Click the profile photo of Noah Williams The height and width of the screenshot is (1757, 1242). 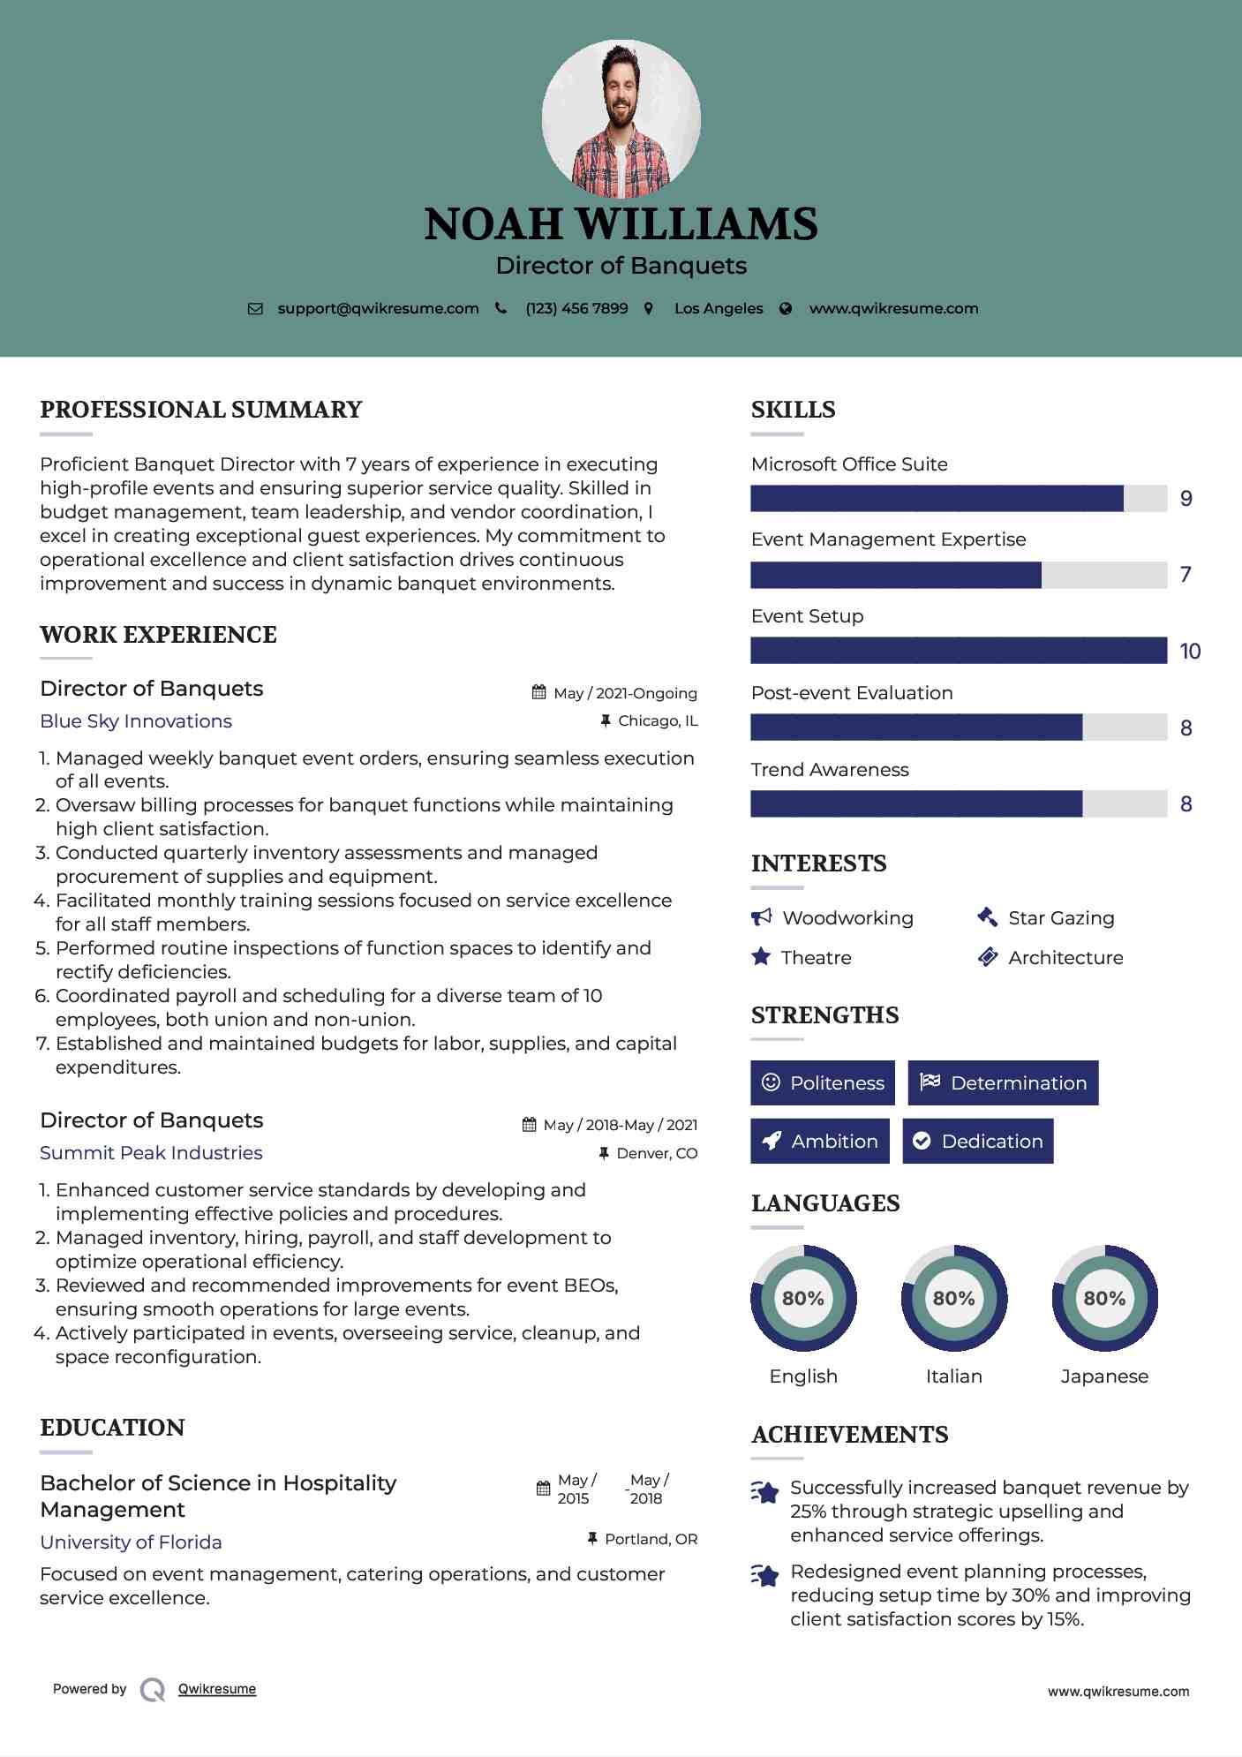(621, 118)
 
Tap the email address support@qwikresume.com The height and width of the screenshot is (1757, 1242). (378, 308)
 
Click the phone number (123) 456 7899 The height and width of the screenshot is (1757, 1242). (576, 308)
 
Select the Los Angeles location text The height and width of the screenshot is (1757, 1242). (719, 308)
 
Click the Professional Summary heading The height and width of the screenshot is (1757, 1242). (201, 410)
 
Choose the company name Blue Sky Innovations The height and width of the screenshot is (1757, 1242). (136, 721)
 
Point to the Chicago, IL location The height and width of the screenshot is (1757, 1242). (658, 721)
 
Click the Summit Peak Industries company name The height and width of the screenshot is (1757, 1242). (151, 1153)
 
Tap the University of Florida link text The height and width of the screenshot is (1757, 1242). (131, 1542)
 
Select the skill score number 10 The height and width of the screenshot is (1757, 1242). (1190, 652)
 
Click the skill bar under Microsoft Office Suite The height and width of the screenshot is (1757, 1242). (959, 499)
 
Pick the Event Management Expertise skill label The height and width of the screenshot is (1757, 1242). (888, 539)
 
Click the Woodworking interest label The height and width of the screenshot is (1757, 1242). (847, 918)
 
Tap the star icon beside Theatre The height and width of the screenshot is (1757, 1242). (761, 957)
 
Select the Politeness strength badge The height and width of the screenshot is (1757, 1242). (823, 1083)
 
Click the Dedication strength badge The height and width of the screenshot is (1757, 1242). (978, 1142)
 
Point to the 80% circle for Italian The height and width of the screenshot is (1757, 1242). (953, 1298)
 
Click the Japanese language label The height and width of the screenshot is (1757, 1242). (1104, 1376)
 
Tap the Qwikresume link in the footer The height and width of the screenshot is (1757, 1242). (217, 1689)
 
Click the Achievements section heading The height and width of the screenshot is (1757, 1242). (849, 1435)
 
